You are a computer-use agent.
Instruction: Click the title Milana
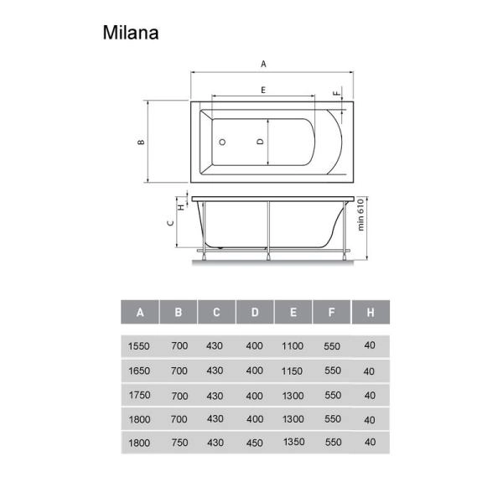tap(131, 33)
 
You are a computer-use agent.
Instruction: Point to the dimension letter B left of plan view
tap(143, 142)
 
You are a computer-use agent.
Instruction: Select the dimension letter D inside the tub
tap(261, 142)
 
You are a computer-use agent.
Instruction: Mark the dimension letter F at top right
tap(339, 94)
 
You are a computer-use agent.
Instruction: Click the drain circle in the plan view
tap(222, 143)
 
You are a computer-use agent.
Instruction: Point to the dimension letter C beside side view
tap(170, 222)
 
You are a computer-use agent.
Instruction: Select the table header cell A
tap(140, 313)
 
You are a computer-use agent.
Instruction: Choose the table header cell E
tap(293, 313)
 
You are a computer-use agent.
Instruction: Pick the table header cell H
tap(369, 313)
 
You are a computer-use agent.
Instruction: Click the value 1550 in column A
tap(139, 345)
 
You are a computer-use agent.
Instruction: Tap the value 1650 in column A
tap(139, 369)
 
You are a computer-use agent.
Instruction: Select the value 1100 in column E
tap(293, 345)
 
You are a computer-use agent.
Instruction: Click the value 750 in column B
tap(179, 443)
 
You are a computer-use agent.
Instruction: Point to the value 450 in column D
tap(255, 443)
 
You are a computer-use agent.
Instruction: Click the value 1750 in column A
tap(139, 394)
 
